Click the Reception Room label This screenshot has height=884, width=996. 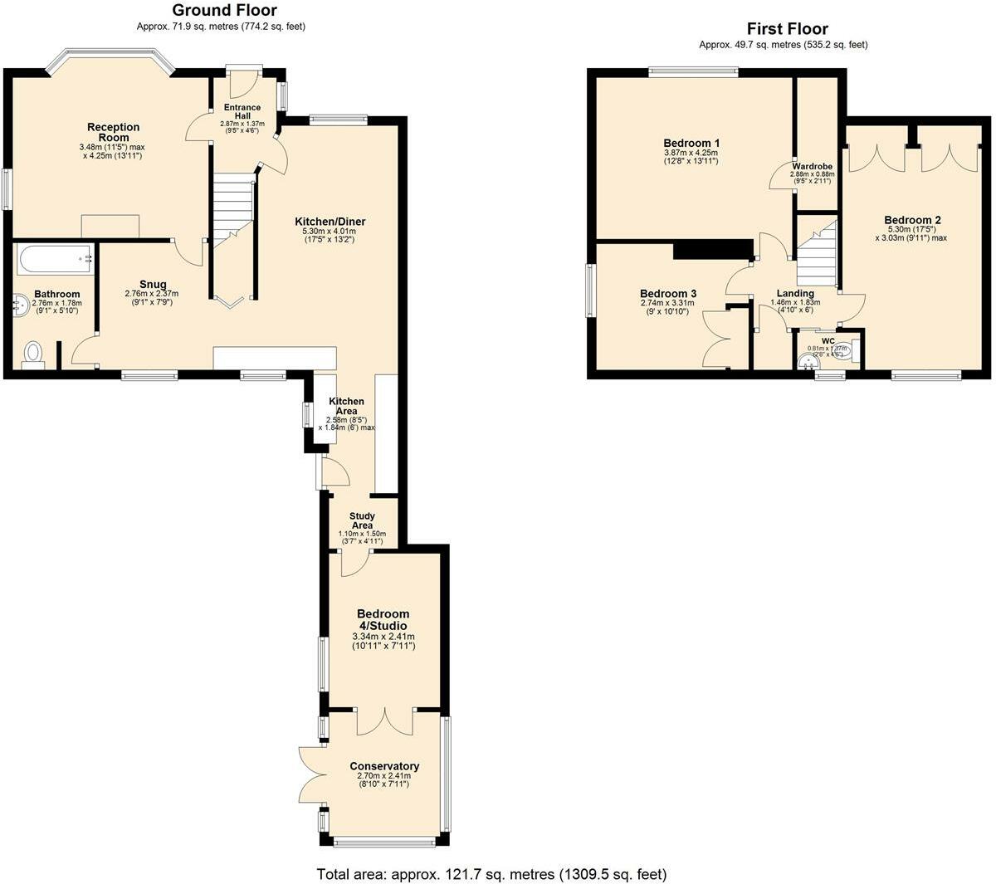[114, 132]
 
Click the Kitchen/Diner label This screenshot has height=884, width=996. [330, 222]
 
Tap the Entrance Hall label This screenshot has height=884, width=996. [242, 111]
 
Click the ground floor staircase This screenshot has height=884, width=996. [232, 208]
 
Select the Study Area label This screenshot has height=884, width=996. [362, 520]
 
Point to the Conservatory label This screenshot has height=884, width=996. [384, 766]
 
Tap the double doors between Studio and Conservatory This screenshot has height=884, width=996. [385, 720]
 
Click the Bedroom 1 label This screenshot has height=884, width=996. [691, 142]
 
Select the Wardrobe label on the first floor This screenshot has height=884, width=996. [812, 166]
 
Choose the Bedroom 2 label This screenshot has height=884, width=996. [913, 220]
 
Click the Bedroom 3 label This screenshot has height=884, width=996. [668, 293]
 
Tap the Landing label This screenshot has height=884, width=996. [795, 293]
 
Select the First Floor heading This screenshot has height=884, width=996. [787, 29]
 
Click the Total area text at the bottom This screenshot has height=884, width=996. [491, 874]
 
